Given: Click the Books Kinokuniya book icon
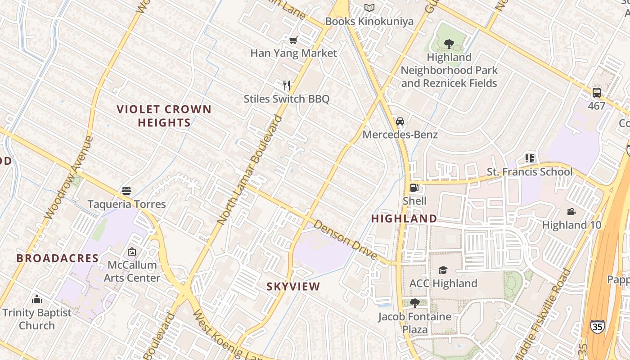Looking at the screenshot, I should [x=369, y=8].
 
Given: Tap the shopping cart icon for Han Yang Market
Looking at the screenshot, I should [x=293, y=40].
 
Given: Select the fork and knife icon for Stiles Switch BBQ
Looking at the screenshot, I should [x=287, y=85].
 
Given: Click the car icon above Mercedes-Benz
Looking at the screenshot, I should [x=400, y=121].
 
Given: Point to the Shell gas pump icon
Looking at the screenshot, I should [x=414, y=188].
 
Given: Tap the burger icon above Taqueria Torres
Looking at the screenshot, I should [x=126, y=191].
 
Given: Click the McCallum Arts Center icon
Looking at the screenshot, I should [x=132, y=252].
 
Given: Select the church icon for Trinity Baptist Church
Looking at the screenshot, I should [x=37, y=299].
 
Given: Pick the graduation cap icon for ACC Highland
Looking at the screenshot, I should [x=443, y=270].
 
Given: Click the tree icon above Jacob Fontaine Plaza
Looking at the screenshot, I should [x=414, y=303].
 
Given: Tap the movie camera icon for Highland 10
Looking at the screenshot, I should [x=571, y=211].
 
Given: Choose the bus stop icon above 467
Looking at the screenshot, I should [x=597, y=93].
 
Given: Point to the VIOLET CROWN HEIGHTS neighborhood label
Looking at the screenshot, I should [x=164, y=116].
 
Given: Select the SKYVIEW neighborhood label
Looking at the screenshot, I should [x=293, y=286].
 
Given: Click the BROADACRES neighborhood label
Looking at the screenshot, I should [x=58, y=258].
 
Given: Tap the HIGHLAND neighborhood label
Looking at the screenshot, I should [x=404, y=218].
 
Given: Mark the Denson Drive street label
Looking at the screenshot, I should [x=345, y=239].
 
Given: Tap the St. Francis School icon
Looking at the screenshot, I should [x=530, y=158].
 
